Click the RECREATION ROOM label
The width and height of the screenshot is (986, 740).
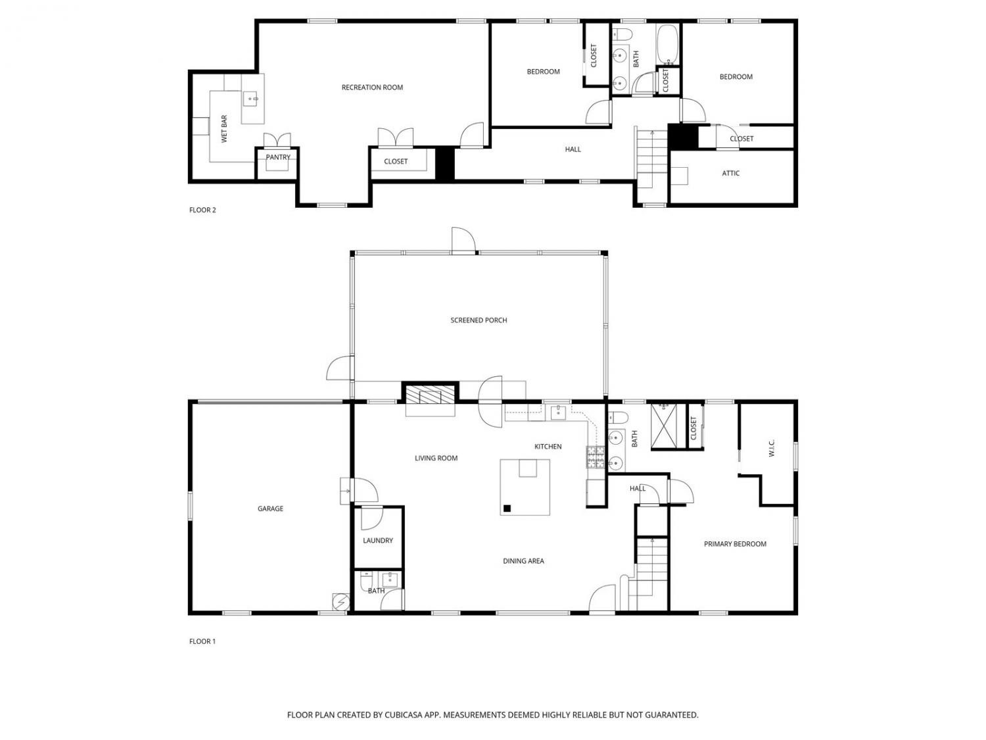coord(372,87)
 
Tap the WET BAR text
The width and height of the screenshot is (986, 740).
coord(224,129)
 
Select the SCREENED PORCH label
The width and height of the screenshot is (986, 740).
coord(479,320)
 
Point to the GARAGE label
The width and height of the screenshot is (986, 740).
coord(270,508)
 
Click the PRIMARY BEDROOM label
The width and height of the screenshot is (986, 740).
coord(735,544)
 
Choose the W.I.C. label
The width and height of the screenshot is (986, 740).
coord(772,448)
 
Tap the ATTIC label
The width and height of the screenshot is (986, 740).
coord(730,173)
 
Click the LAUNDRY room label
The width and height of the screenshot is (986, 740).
coord(378,541)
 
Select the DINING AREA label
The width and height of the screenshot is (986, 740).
coord(523,560)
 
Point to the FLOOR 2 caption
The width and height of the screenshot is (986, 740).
coord(202,210)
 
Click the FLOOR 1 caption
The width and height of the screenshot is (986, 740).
coord(202,641)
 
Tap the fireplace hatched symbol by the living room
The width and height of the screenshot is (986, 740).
coord(430,394)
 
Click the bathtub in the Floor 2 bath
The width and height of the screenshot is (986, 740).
coord(667,43)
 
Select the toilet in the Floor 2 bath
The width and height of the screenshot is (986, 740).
coord(622,34)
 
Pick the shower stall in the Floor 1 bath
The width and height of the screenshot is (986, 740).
coord(663,426)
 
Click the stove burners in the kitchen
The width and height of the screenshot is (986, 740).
coord(595,457)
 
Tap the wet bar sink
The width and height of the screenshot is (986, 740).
coord(250,99)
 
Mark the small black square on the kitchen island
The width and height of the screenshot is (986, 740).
coord(507,508)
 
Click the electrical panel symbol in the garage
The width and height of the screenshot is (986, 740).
coord(340,602)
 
